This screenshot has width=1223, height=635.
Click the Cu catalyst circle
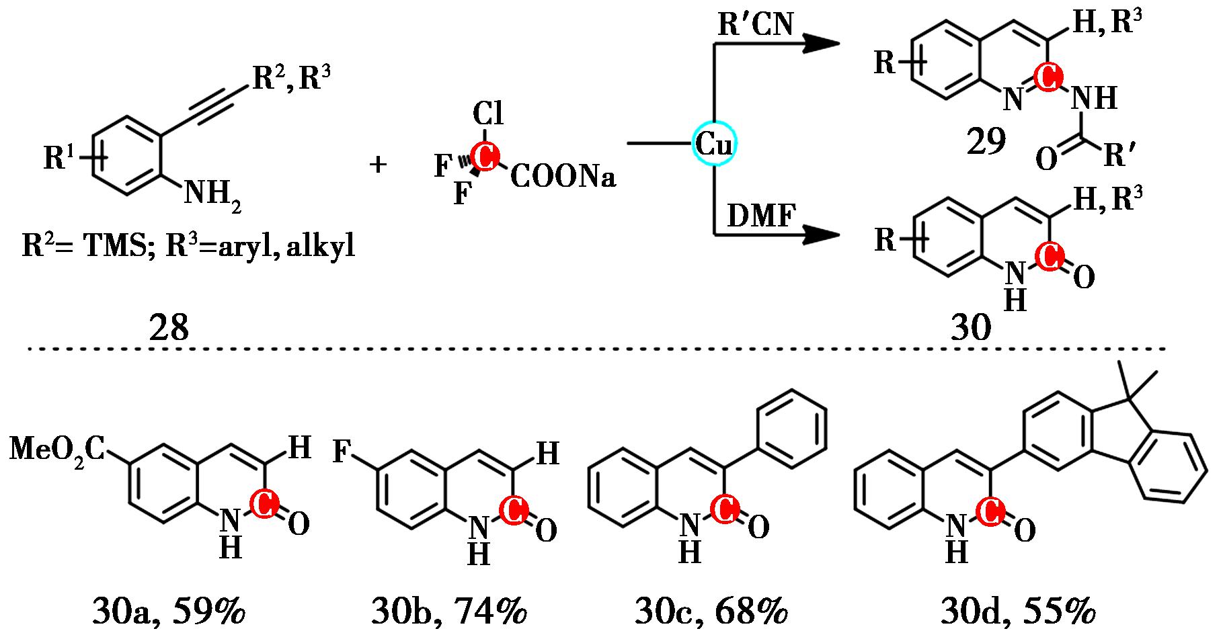pos(715,143)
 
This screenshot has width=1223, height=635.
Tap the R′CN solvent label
pos(755,25)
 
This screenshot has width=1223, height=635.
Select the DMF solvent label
pos(762,217)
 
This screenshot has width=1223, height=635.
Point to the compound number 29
pos(986,142)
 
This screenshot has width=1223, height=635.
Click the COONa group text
pos(562,177)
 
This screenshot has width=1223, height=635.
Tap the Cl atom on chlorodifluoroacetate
pos(488,114)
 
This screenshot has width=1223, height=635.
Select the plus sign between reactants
pos(379,164)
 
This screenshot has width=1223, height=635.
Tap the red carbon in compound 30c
pos(725,510)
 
